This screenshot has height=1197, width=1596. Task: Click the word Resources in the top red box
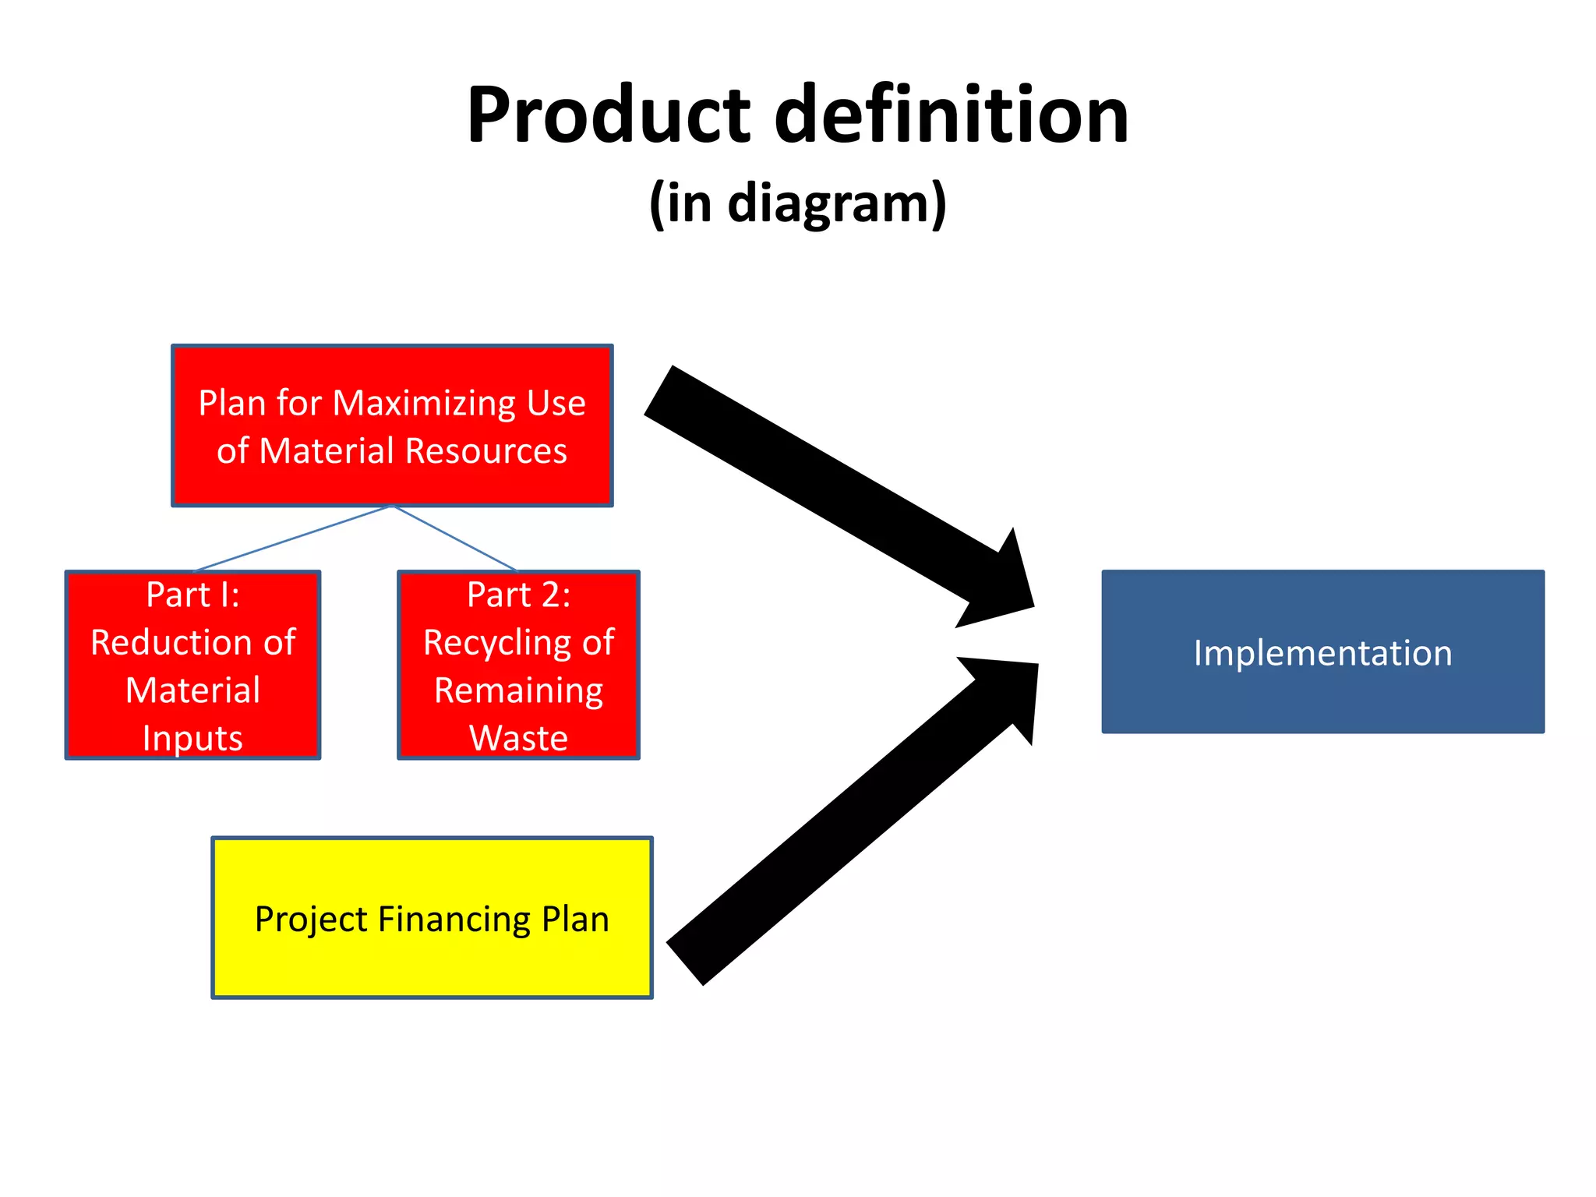pos(486,451)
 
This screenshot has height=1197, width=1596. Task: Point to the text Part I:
pos(193,595)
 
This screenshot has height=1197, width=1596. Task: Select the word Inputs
pos(192,738)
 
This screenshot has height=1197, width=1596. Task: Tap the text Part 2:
pos(518,595)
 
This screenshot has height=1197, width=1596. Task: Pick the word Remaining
pos(518,690)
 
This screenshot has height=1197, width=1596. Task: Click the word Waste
pos(518,738)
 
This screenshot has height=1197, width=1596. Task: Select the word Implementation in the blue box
pos(1322,653)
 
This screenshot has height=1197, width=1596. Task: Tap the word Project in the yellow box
pos(310,920)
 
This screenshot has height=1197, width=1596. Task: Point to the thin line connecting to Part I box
pos(292,538)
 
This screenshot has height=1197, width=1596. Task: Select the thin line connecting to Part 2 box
pos(456,538)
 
